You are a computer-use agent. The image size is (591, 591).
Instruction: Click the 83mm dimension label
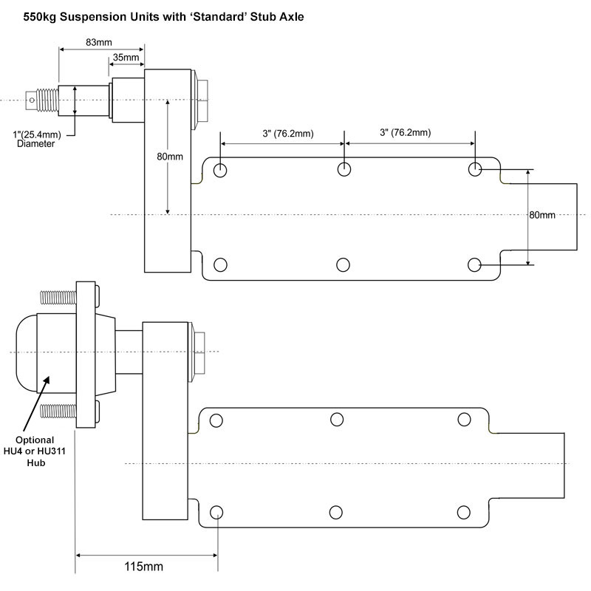click(103, 42)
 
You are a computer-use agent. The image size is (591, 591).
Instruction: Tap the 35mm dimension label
click(126, 58)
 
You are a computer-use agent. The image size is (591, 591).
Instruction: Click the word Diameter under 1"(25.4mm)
click(35, 143)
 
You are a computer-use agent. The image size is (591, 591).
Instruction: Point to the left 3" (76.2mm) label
click(281, 134)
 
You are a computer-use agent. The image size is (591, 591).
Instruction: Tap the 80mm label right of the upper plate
click(542, 216)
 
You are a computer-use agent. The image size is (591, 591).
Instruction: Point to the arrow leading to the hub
click(37, 403)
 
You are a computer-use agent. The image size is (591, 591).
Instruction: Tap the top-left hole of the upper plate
click(220, 171)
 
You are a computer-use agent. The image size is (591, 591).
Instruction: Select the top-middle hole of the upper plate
click(344, 169)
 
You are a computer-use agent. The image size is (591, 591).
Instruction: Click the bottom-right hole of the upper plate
click(475, 264)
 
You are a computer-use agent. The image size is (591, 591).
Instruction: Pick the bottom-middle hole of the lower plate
click(337, 512)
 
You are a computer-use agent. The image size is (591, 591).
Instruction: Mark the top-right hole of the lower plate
click(464, 420)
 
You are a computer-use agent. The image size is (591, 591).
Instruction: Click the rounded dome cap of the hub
click(22, 352)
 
